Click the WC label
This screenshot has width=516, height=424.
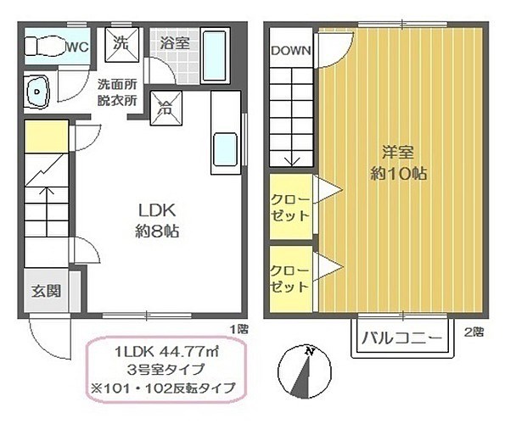coord(78,47)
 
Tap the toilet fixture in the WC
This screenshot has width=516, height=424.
coord(44,47)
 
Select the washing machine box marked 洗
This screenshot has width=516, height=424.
coord(122,45)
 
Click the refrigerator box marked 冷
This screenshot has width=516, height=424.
coord(165,109)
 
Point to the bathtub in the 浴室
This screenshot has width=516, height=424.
coord(215,56)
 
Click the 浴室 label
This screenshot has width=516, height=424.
coord(175,43)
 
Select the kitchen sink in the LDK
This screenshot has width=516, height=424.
coord(225,150)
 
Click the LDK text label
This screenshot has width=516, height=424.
coord(157,210)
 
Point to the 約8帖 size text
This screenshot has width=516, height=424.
coord(157,232)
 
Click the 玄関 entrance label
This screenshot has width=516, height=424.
coord(46,291)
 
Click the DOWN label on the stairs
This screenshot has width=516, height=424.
coord(291,50)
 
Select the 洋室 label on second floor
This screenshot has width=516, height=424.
coord(398,152)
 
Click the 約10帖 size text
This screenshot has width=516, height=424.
coord(399,173)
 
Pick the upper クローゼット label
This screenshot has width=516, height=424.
coord(290,208)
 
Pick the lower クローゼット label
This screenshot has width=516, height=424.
coord(289,279)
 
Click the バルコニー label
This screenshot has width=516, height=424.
coord(401,338)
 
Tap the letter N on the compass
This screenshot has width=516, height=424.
coord(309,350)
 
